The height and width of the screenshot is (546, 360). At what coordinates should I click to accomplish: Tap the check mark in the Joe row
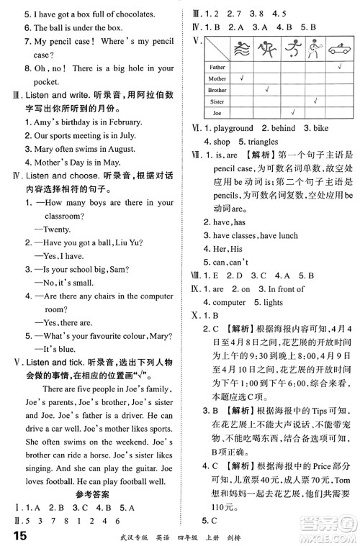pyautogui.click(x=292, y=112)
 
